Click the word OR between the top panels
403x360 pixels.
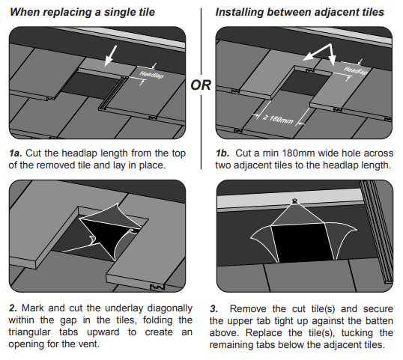(x=201, y=85)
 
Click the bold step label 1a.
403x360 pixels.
(x=15, y=153)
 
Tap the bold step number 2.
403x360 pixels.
(x=12, y=308)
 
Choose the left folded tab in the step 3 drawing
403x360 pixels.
(x=252, y=240)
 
